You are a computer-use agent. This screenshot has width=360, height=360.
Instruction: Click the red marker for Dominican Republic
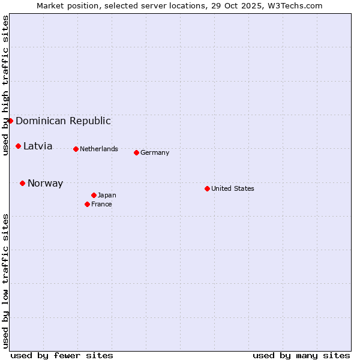coord(10,121)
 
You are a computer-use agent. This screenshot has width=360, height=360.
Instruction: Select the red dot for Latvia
coord(18,146)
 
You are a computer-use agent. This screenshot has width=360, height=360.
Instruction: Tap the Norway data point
coord(22,183)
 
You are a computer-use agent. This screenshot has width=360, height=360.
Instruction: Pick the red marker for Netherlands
coord(76,149)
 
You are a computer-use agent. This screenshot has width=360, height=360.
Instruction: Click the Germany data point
coord(136,152)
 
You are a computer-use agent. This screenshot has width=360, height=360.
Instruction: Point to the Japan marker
coord(94,195)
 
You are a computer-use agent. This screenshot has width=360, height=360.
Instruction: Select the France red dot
coord(87,204)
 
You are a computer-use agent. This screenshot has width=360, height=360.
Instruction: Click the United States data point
coord(207,188)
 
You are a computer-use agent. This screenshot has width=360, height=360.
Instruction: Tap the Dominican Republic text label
coord(63,121)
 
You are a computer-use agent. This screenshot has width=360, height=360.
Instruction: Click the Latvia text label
coord(38,146)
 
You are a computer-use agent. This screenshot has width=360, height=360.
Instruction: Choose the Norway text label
coord(45,183)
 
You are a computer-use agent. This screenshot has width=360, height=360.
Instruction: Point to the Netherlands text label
coord(98,149)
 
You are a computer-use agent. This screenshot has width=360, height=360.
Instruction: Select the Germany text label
coord(155,152)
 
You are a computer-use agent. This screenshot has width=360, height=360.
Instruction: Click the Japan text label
coord(107,195)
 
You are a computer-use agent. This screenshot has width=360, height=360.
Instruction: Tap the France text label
coord(101,204)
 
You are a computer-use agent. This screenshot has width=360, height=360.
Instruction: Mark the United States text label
coord(232,188)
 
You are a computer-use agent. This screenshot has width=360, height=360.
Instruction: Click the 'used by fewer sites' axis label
coord(62,355)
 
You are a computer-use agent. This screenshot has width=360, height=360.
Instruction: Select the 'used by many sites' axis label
coord(301,355)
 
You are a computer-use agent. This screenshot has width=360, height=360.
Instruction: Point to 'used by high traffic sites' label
coord(5,85)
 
